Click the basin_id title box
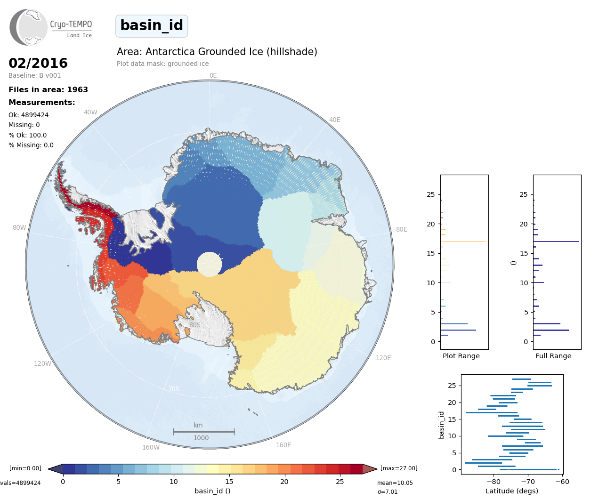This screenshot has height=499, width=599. coord(152,26)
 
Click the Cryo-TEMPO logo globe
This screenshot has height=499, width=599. coord(29,27)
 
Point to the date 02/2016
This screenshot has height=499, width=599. coord(38,63)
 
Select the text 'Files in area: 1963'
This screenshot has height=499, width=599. coord(48,89)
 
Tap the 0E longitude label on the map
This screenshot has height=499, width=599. coord(213,75)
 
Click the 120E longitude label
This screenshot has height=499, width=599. coord(383,358)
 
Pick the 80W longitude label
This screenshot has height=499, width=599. coord(19,227)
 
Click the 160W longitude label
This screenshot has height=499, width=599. coord(151,447)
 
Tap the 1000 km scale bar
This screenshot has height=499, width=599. coord(203,432)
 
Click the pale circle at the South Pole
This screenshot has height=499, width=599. coord(209,264)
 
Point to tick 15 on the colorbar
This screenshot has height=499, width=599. coord(229,482)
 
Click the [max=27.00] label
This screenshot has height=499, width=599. coord(399,468)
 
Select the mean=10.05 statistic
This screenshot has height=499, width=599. coord(395,483)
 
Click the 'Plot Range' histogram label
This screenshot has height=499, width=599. coord(461,356)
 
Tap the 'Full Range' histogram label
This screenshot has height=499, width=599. coord(553,356)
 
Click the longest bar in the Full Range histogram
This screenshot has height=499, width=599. coord(556,241)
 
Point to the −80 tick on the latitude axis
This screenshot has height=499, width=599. coord(494,482)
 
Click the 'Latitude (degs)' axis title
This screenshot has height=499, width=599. coord(512,491)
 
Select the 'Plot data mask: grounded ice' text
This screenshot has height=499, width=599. coord(162,64)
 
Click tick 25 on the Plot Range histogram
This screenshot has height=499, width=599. coord(431,194)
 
